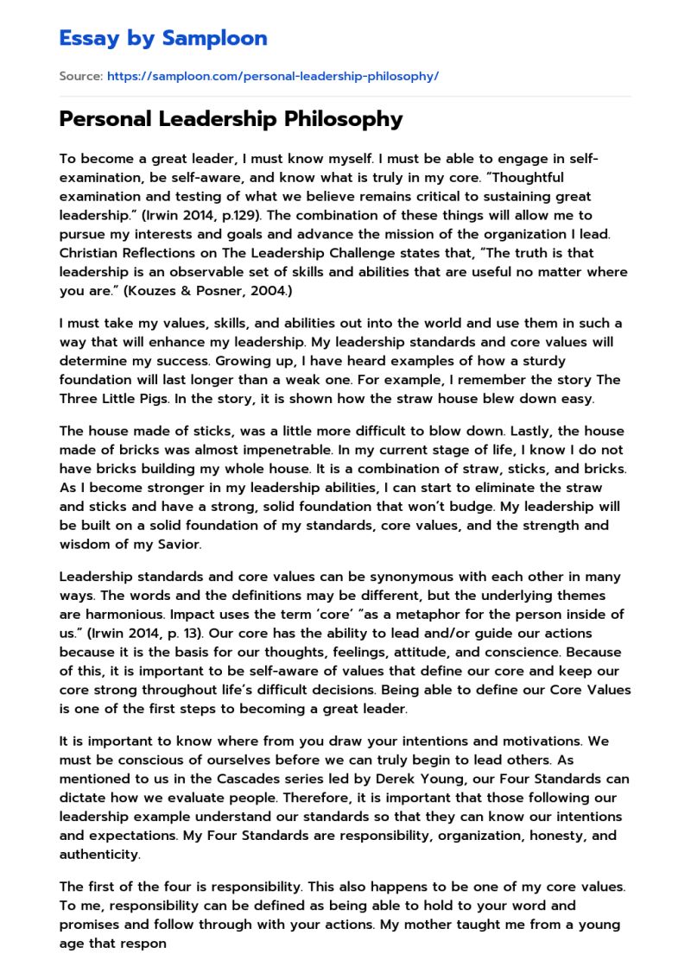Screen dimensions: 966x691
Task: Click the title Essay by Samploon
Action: click(163, 38)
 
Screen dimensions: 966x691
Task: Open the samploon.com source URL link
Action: click(272, 76)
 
